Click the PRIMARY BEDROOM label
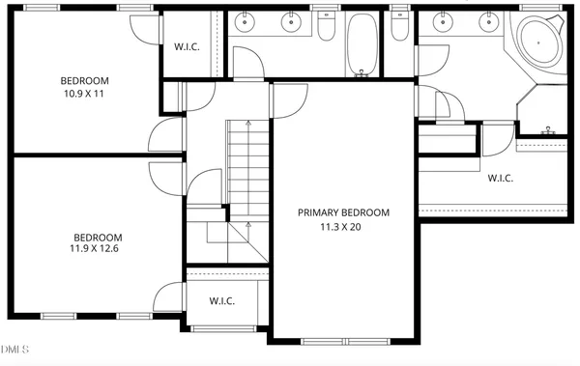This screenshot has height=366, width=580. tap(343, 212)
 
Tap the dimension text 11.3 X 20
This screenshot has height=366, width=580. tap(343, 228)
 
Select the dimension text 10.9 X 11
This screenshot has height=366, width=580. tap(85, 96)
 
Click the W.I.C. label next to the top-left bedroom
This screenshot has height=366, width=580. tap(187, 46)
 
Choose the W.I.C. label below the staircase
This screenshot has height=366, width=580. tap(222, 300)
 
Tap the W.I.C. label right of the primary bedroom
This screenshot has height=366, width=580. tap(500, 178)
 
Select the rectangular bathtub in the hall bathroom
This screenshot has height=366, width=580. tap(363, 43)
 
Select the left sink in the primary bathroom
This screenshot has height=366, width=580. tap(444, 21)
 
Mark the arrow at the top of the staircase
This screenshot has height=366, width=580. tap(249, 127)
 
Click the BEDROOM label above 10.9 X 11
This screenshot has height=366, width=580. tap(85, 81)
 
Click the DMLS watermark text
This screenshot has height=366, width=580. tap(15, 349)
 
